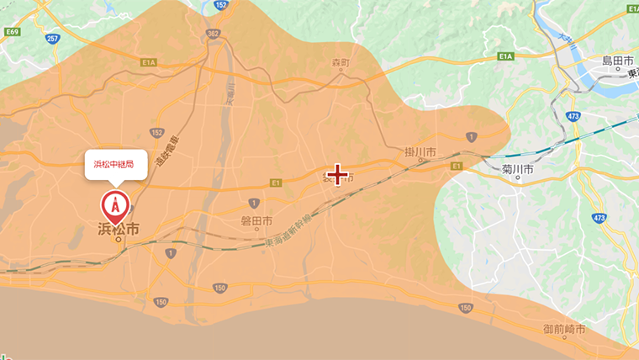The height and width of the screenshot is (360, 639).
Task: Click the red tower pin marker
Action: (x=115, y=205)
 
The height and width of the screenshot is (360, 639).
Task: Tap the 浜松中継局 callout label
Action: (x=115, y=164)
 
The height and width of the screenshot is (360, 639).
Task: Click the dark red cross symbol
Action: (x=338, y=175)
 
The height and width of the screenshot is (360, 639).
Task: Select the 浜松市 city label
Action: (x=118, y=228)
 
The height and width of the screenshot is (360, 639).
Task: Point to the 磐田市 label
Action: (x=256, y=221)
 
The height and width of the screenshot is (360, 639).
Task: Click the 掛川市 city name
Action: (x=420, y=152)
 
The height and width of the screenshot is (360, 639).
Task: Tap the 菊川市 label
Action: (x=519, y=168)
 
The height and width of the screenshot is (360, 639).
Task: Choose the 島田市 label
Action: (x=617, y=61)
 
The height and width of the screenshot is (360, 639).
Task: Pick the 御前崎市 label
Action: (x=564, y=329)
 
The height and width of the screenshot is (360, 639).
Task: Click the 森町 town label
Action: (x=339, y=63)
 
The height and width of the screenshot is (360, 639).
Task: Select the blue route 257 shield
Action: (x=52, y=39)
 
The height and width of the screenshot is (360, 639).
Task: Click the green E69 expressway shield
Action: (x=11, y=32)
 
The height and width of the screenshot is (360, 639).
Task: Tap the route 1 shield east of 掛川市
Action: (x=471, y=135)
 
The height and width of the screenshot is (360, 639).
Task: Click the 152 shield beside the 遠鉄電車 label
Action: (x=157, y=132)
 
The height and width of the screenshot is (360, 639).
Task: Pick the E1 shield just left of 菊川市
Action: (x=457, y=167)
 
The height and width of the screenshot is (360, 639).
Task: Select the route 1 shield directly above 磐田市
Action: (x=254, y=203)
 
